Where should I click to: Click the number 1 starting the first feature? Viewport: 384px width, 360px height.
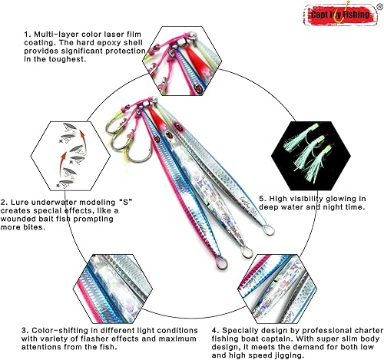[25, 35]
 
